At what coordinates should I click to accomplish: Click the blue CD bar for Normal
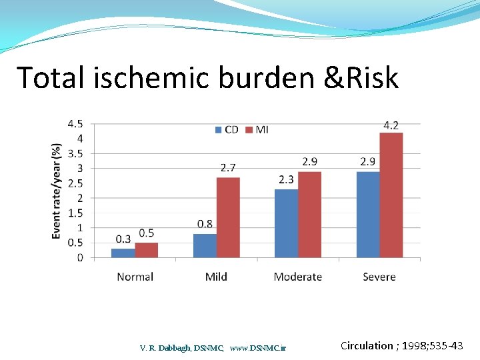(x=123, y=253)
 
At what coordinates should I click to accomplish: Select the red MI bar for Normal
(x=147, y=250)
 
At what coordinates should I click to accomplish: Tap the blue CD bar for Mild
(x=205, y=245)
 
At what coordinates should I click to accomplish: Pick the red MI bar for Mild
(x=228, y=217)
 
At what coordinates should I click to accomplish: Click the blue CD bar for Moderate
(x=286, y=223)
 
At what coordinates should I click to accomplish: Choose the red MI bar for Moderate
(x=309, y=215)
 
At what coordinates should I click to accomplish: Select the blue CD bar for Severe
(x=368, y=215)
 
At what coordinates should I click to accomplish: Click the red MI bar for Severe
(x=391, y=195)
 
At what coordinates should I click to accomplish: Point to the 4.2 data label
(x=391, y=125)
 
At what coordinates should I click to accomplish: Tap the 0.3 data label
(x=123, y=239)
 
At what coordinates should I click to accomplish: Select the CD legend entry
(x=226, y=129)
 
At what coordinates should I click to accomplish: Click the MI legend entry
(x=257, y=129)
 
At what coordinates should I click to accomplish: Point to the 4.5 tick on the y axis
(x=75, y=124)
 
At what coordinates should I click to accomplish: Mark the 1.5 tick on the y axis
(x=75, y=213)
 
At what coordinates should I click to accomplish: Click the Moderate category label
(x=297, y=277)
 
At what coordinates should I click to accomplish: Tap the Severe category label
(x=379, y=277)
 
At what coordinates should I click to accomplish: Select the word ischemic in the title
(x=155, y=78)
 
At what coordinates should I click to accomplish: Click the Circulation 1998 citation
(x=401, y=345)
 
